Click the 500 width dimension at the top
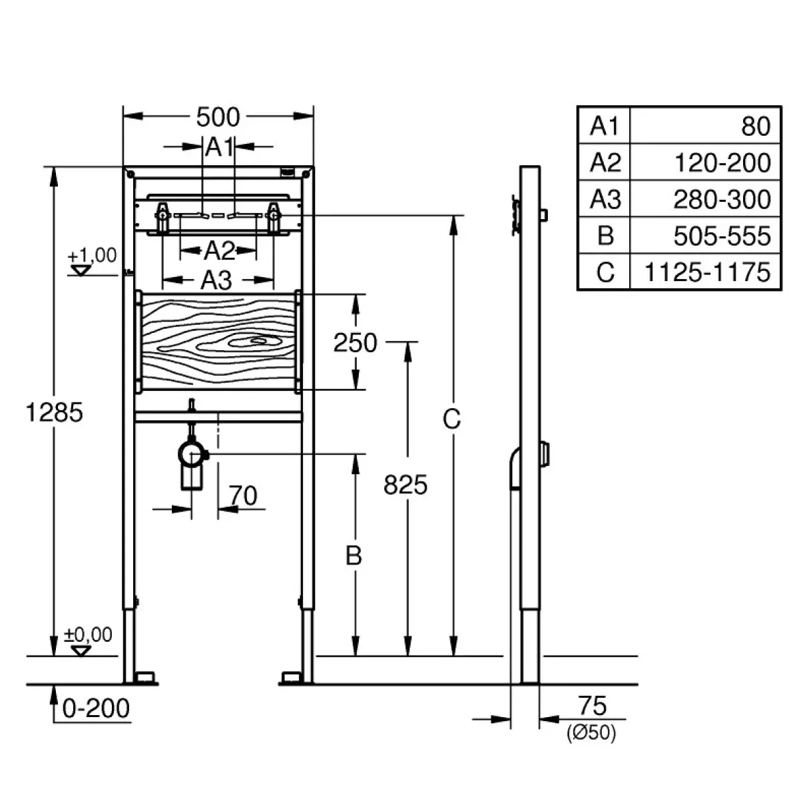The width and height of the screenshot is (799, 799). pos(218,117)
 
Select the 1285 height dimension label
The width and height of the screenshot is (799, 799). pos(55,413)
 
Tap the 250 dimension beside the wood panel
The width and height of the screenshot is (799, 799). pos(356,343)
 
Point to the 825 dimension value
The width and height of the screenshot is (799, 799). pos(405,485)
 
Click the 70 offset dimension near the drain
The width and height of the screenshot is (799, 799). pos(243,495)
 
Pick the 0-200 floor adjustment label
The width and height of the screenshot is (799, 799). pos(96,708)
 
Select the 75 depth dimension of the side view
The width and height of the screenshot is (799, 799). pos(593,706)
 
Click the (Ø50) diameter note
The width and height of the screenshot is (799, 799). pos(591,732)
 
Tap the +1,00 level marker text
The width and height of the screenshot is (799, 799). pos(92,255)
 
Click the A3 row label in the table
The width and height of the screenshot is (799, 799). pos(605,200)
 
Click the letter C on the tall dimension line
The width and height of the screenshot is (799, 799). pos(451,419)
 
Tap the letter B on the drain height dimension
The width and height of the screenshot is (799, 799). pos(354,555)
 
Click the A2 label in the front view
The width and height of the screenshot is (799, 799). pos(219,251)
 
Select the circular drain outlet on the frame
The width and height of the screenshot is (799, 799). pos(192,455)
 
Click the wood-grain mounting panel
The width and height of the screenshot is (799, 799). pos(218,342)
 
